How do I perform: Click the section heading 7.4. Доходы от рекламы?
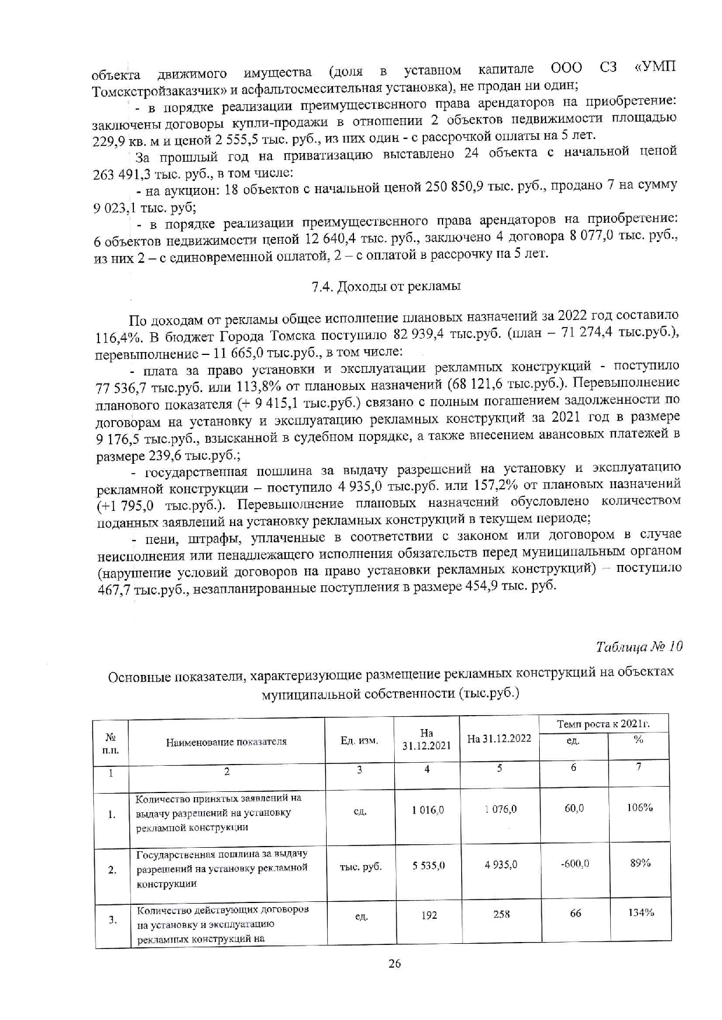(386, 286)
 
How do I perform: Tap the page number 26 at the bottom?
(394, 964)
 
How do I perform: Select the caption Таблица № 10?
(639, 646)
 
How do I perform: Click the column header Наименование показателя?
(226, 742)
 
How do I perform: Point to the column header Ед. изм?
(359, 741)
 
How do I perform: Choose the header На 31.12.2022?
(499, 738)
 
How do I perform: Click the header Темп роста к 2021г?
(603, 724)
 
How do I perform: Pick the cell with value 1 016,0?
(428, 810)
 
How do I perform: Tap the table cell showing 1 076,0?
(500, 809)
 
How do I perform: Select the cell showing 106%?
(639, 808)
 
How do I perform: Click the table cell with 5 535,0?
(429, 865)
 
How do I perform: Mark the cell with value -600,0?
(574, 864)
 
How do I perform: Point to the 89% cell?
(640, 863)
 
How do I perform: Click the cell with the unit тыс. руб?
(360, 867)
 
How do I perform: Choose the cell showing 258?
(501, 914)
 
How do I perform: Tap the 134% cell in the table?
(640, 912)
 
